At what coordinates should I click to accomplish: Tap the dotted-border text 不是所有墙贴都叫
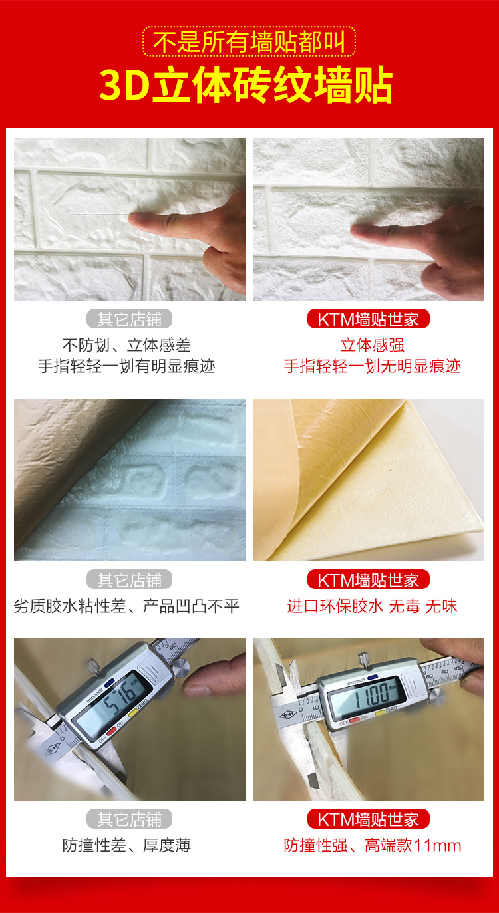pyautogui.click(x=249, y=42)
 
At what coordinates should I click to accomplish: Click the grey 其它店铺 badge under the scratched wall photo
pyautogui.click(x=129, y=319)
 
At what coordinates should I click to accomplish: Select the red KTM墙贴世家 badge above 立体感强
pyautogui.click(x=368, y=319)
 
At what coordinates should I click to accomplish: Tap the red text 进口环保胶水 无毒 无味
pyautogui.click(x=372, y=606)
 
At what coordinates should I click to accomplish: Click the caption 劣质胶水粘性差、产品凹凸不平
pyautogui.click(x=126, y=606)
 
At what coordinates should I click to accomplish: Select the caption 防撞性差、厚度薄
pyautogui.click(x=126, y=845)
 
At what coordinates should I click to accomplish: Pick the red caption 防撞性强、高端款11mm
pyautogui.click(x=372, y=845)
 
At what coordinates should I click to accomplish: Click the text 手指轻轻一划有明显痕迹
pyautogui.click(x=126, y=366)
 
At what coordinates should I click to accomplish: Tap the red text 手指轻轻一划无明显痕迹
pyautogui.click(x=372, y=366)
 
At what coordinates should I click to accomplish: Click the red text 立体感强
pyautogui.click(x=372, y=345)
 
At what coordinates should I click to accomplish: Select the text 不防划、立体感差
pyautogui.click(x=126, y=345)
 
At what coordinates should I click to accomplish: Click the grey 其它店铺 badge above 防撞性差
pyautogui.click(x=129, y=819)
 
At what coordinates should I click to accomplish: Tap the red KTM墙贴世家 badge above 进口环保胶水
pyautogui.click(x=368, y=579)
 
